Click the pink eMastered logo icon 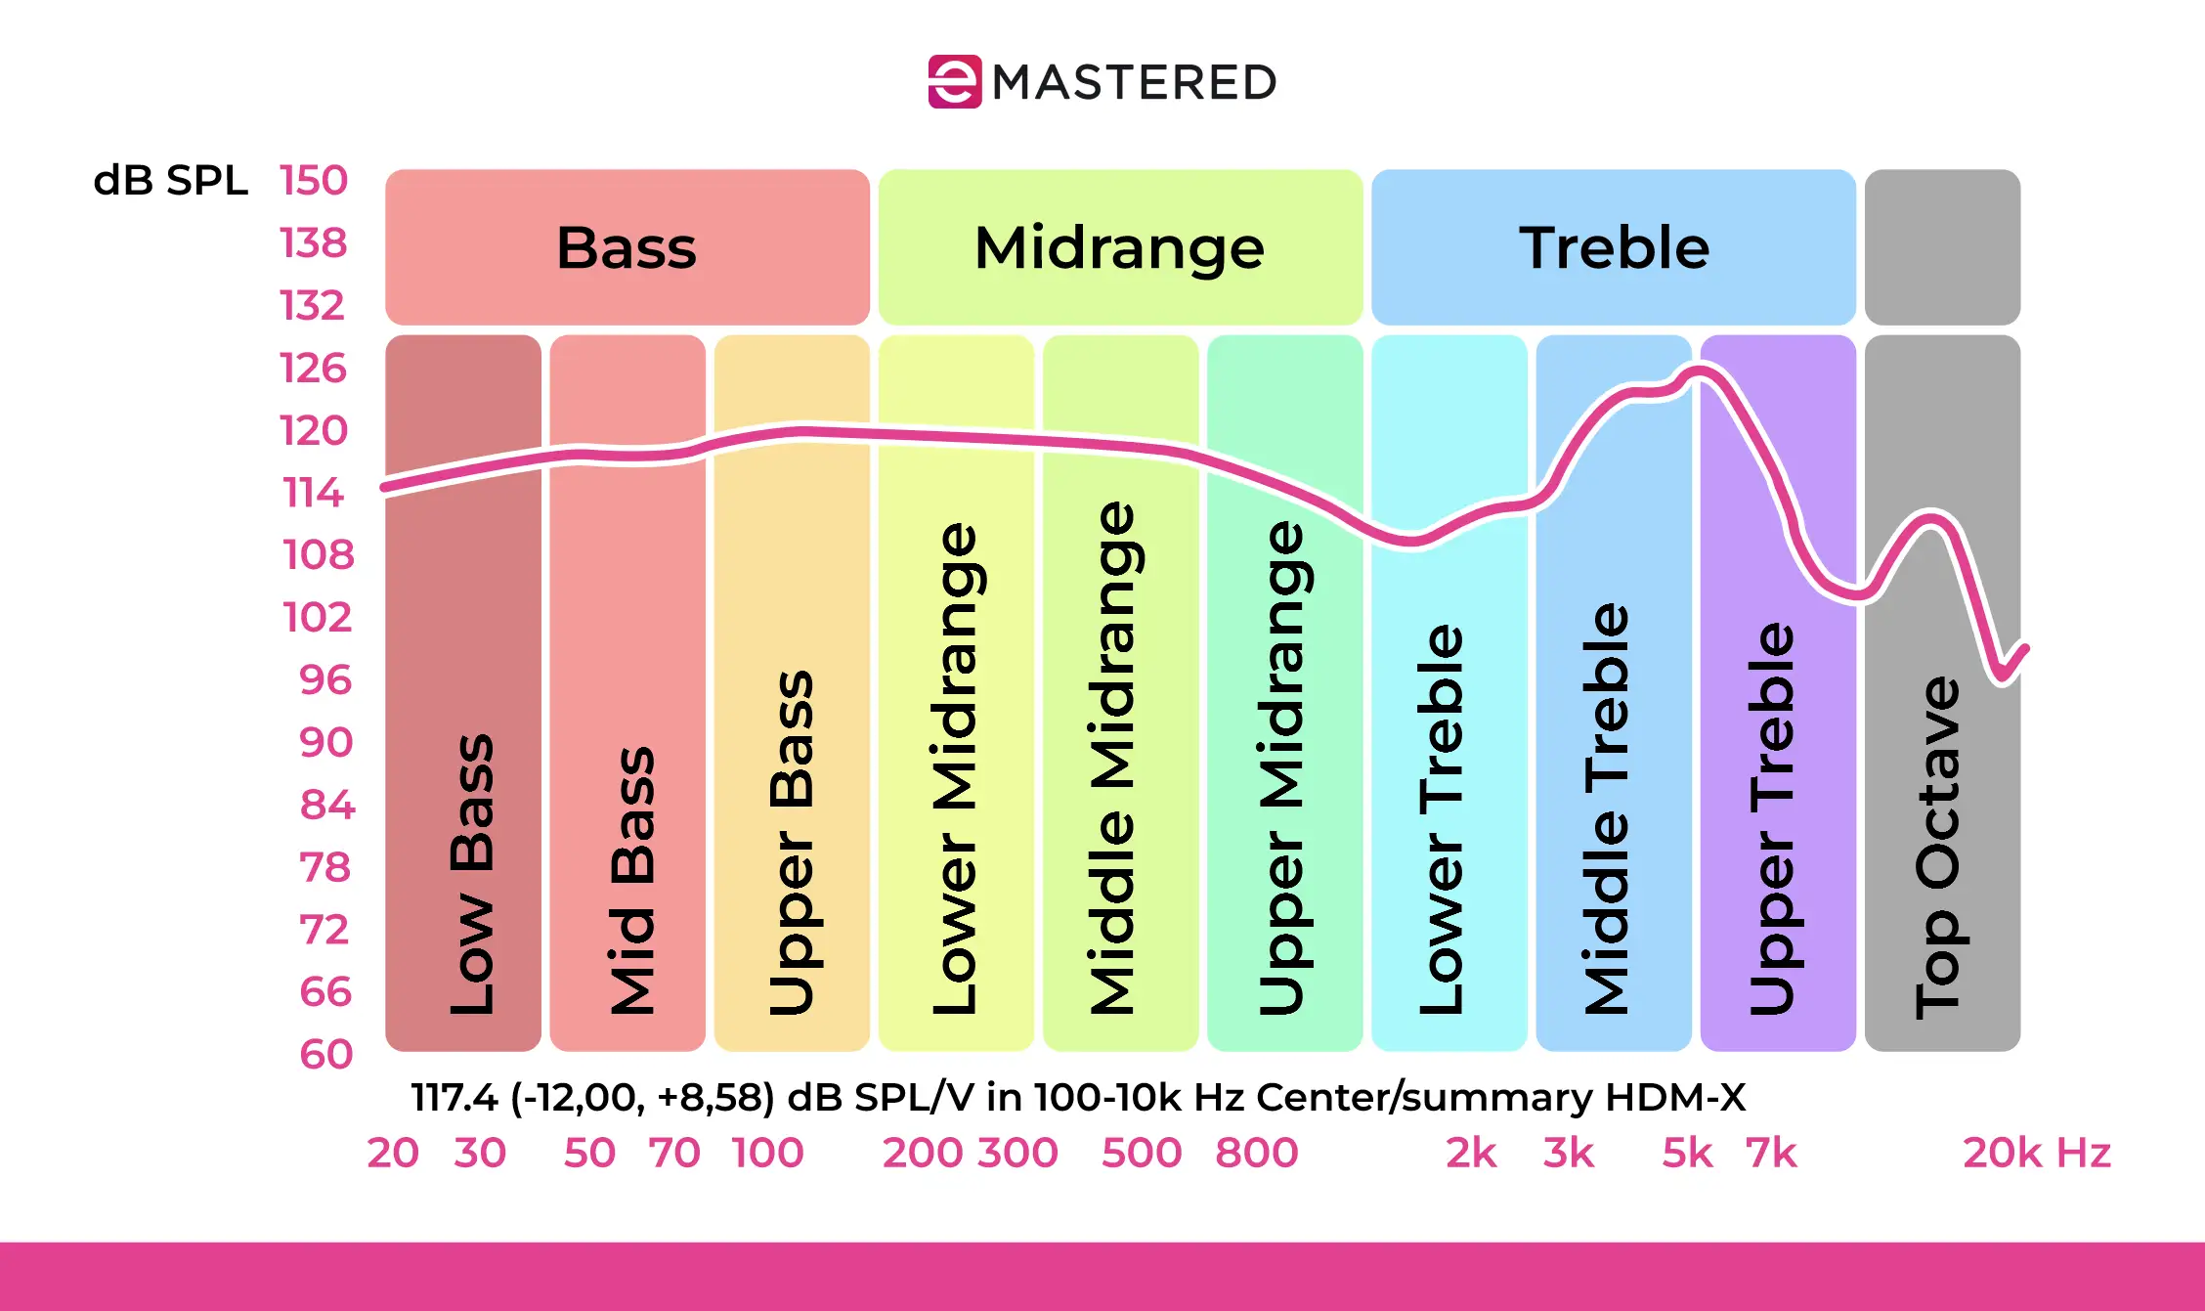pos(954,82)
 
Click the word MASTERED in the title pos(1135,83)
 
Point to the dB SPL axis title pos(170,181)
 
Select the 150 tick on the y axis pos(314,181)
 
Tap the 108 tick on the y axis pos(318,555)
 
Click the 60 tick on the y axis pos(325,1055)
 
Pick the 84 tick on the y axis pos(327,806)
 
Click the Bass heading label pos(627,248)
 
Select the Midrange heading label pos(1119,248)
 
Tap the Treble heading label pos(1614,248)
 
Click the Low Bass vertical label pos(471,873)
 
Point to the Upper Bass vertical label pos(791,842)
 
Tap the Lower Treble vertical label pos(1441,819)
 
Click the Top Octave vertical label pos(1937,847)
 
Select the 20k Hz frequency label pos(2036,1154)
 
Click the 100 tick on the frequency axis pos(767,1154)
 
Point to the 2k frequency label pos(1471,1154)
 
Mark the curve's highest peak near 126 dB pos(1699,371)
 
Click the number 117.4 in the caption pos(454,1098)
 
